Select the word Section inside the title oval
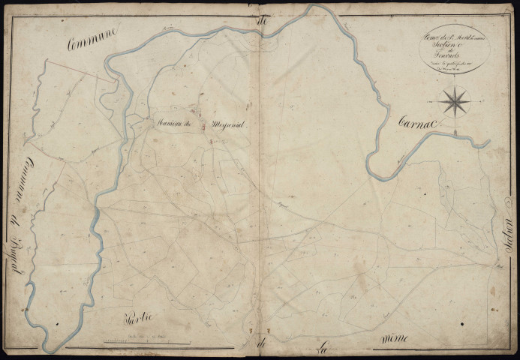(x=454, y=41)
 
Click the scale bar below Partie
(x=142, y=342)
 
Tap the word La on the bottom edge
(x=322, y=346)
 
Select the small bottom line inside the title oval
(x=454, y=65)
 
